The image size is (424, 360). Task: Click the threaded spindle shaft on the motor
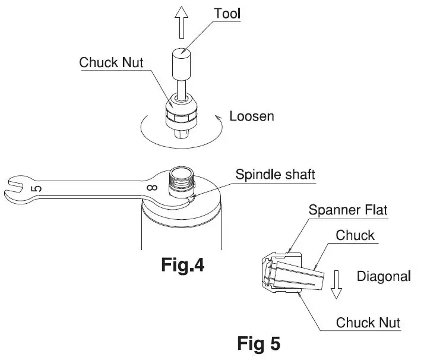179,180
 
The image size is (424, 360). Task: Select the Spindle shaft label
275,175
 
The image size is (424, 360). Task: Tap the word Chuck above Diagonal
355,235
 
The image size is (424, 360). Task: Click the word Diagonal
383,276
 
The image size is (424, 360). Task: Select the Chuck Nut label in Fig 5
368,323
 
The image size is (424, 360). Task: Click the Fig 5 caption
259,343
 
